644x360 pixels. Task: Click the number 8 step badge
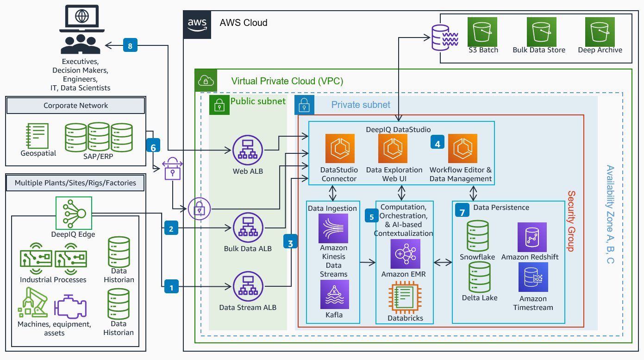coord(130,45)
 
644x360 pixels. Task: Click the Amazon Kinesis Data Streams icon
coord(333,228)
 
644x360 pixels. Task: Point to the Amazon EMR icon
coord(405,254)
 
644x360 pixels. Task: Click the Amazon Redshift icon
coord(532,237)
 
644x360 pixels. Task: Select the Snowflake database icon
coord(478,236)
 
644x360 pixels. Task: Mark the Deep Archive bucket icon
coord(600,32)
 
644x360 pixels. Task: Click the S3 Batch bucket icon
coord(482,32)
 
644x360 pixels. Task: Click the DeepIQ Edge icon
coord(74,213)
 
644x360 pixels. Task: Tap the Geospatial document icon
coord(38,135)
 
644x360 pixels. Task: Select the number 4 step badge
coord(437,144)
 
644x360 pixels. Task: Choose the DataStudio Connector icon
coord(339,148)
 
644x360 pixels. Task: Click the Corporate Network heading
coord(75,106)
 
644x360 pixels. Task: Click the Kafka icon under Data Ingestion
coord(334,295)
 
